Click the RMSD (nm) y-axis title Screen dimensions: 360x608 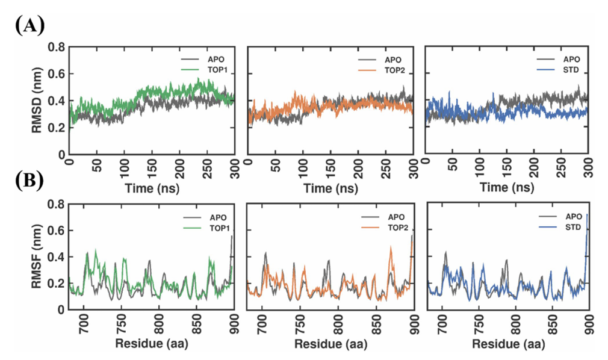pyautogui.click(x=40, y=99)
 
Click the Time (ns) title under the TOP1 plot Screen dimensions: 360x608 pyautogui.click(x=152, y=187)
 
